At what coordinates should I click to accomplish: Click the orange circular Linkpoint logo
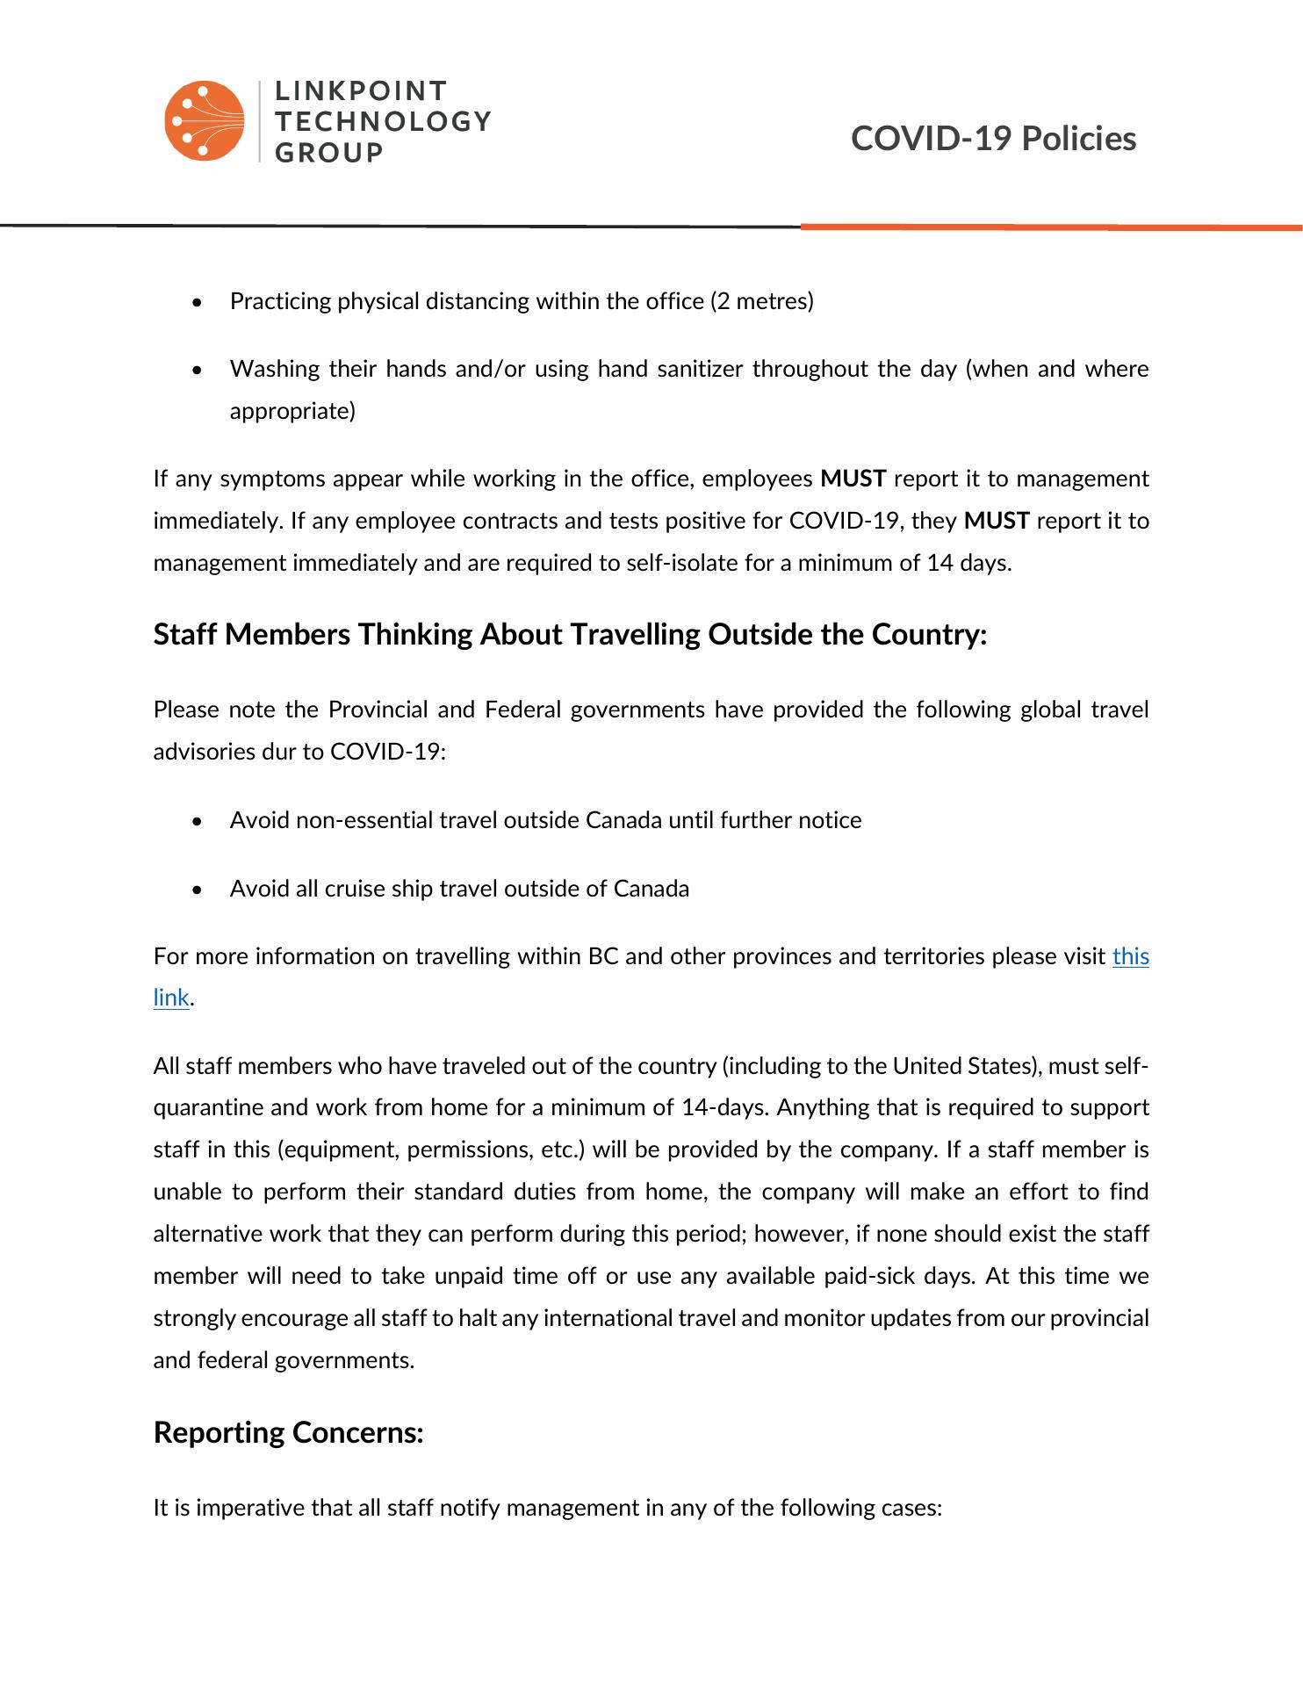tap(204, 121)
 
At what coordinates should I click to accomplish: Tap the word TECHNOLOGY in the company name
tap(383, 121)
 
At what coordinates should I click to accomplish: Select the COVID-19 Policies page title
tap(993, 139)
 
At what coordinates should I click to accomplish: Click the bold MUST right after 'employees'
tap(853, 479)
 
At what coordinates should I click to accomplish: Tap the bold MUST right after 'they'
tap(996, 521)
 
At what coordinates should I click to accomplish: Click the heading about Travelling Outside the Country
tap(571, 634)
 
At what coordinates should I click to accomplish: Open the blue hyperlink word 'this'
tap(1130, 956)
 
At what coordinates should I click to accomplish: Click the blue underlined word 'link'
tap(171, 998)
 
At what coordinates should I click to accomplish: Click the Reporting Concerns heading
tap(288, 1432)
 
